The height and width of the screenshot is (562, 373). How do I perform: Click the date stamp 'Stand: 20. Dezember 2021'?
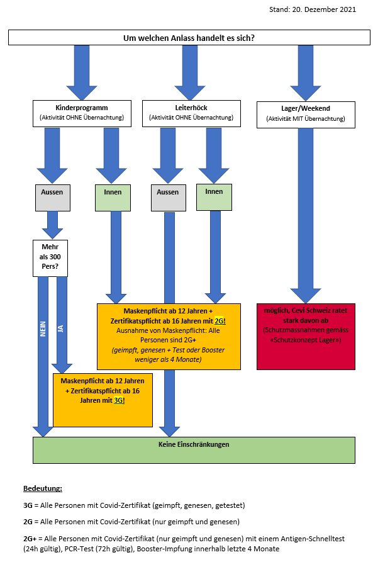tap(313, 9)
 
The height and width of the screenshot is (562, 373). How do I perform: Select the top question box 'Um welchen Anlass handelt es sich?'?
tap(189, 38)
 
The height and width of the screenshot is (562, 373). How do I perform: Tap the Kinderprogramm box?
tap(82, 113)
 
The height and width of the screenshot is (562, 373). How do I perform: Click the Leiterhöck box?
tap(191, 113)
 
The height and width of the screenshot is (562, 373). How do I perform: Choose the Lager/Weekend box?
tap(306, 115)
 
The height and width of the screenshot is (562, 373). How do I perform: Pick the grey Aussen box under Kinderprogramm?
tap(53, 198)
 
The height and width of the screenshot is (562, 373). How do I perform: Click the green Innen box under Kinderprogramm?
tap(113, 198)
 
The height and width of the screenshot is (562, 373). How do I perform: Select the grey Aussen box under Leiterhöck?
tap(169, 198)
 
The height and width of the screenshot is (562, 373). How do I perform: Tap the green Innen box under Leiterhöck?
tap(214, 197)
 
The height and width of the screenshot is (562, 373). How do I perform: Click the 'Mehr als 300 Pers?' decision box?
tap(50, 258)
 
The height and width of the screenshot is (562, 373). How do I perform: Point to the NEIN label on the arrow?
tap(43, 329)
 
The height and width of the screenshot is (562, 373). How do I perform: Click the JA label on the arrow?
tap(60, 329)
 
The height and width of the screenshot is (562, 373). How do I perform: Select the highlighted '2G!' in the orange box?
tap(220, 321)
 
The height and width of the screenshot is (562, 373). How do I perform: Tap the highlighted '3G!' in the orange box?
tap(120, 400)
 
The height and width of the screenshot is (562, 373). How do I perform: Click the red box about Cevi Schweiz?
tap(306, 337)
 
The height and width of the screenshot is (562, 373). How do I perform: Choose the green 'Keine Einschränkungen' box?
tap(194, 450)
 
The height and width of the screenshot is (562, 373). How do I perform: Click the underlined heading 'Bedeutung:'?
tap(43, 488)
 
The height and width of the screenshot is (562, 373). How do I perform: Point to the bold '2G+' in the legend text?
tap(30, 538)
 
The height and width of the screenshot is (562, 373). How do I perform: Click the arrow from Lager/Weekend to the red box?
tap(306, 216)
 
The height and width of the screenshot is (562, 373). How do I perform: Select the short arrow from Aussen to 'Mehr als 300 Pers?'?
tap(52, 225)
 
